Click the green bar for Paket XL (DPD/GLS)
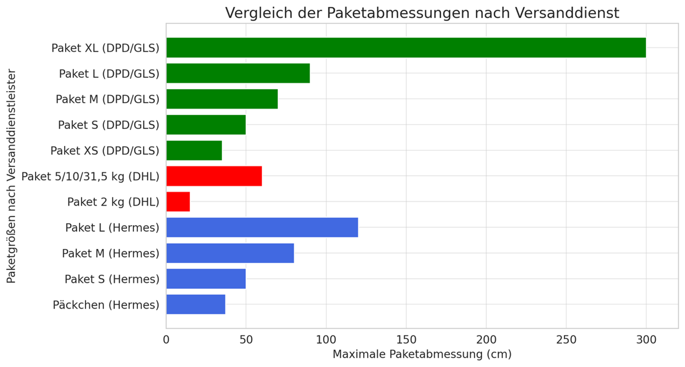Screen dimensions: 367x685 [x=406, y=47]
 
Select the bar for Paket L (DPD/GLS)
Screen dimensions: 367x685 [x=238, y=73]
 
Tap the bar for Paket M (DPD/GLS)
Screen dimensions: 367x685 [x=222, y=99]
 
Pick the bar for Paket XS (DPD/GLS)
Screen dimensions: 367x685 [x=194, y=150]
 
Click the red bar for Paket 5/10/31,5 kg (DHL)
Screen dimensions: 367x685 [x=214, y=176]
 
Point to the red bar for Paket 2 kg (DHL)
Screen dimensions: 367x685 [x=178, y=202]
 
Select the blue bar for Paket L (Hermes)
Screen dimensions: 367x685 [x=262, y=228]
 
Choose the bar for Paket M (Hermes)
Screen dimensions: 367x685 [x=230, y=253]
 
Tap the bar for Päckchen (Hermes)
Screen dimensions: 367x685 [x=196, y=305]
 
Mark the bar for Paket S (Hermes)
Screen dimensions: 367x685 [x=206, y=279]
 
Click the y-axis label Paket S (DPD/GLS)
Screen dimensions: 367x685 [x=108, y=125]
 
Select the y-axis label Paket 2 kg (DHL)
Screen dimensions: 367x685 [x=113, y=202]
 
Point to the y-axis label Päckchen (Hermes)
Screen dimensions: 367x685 [x=106, y=305]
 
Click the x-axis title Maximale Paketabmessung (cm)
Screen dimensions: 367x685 [x=422, y=355]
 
